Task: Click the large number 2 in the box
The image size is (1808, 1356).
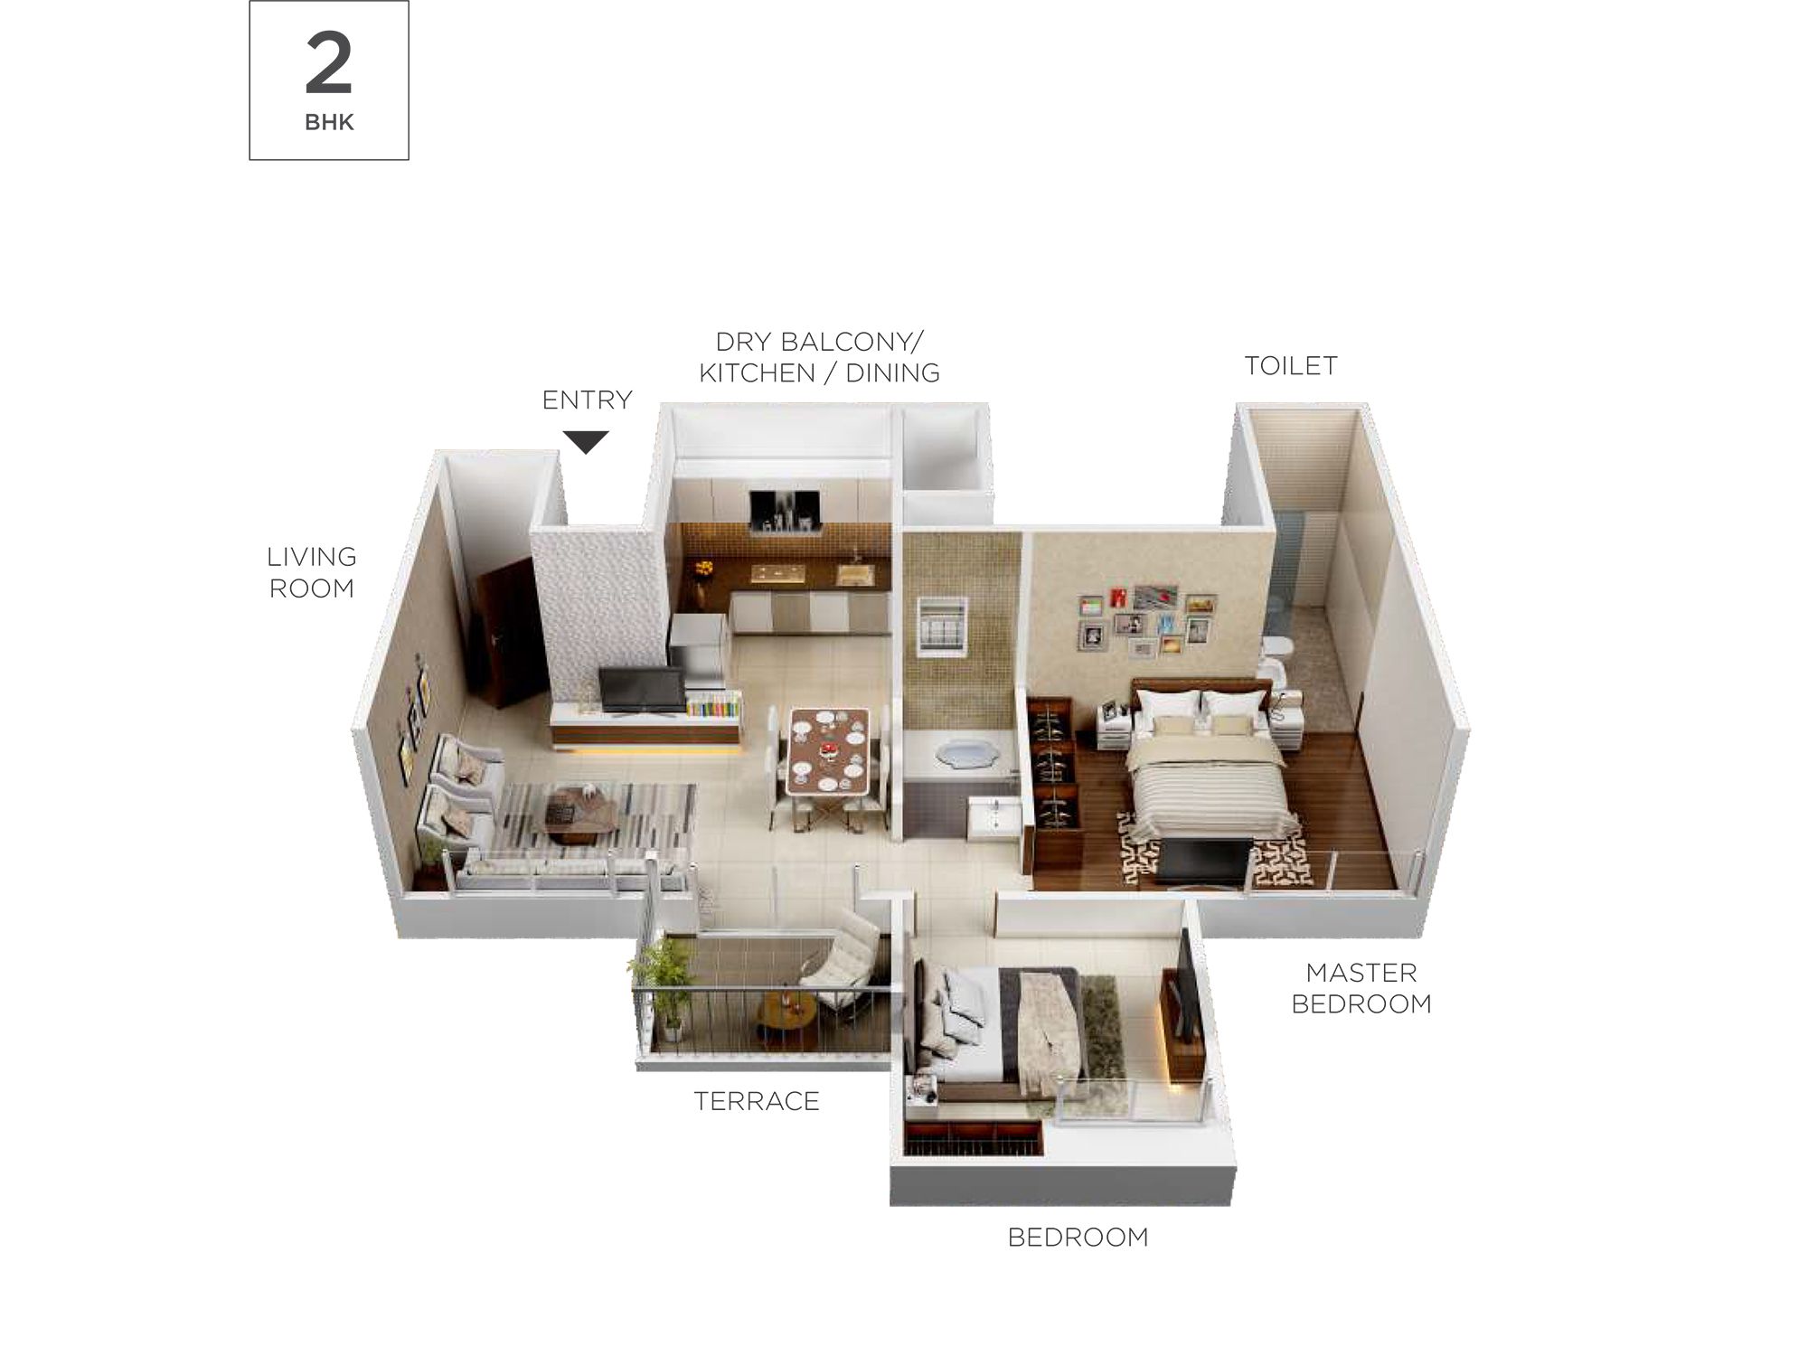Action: click(329, 63)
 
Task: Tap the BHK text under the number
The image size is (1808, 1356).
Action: click(329, 123)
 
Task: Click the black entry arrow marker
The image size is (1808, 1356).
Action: click(586, 442)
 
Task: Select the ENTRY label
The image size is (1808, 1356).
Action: click(587, 400)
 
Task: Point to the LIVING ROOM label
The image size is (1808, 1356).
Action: click(312, 572)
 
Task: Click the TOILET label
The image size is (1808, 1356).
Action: click(1291, 366)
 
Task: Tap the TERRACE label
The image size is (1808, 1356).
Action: click(757, 1101)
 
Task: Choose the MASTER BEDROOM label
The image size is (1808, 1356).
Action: click(1361, 988)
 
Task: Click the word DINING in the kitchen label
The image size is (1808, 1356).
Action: click(893, 372)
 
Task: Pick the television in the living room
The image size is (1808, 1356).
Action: click(641, 691)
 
